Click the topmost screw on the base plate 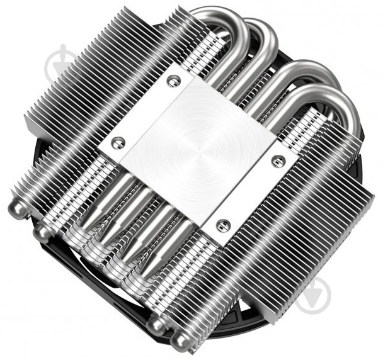174,81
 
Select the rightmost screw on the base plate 275,161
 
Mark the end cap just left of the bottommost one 156,325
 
